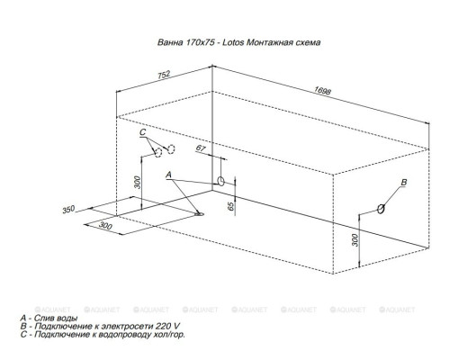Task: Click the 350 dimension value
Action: pos(68,210)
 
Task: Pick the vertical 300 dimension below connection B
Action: pos(355,238)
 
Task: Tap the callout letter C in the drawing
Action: pos(143,133)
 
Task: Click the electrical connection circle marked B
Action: pos(382,208)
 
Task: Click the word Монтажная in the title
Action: pos(269,42)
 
